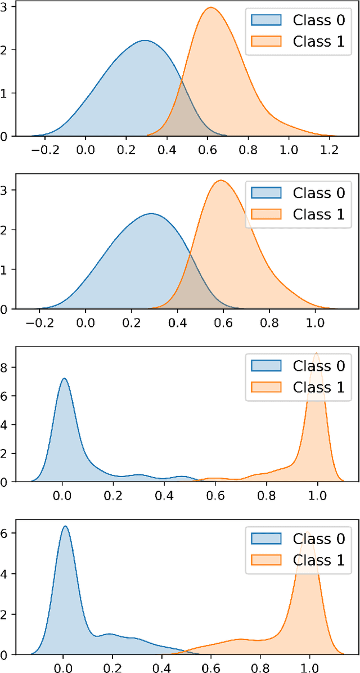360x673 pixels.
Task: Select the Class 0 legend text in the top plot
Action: click(319, 20)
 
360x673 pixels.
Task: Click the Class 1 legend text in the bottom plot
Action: click(319, 560)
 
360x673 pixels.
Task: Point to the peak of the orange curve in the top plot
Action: click(211, 7)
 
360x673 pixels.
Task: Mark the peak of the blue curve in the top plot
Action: click(145, 41)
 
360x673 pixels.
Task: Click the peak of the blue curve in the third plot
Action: click(64, 378)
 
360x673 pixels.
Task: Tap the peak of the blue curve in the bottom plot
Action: click(65, 526)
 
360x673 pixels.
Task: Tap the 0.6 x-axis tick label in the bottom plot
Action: click(211, 666)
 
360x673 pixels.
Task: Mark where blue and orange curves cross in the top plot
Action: click(181, 82)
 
